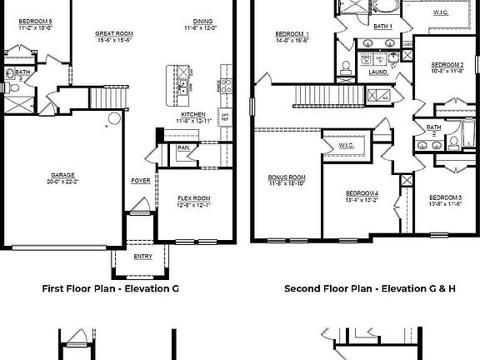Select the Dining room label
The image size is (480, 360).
pos(202,23)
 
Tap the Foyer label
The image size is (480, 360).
pos(140,181)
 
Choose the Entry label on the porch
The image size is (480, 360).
pos(142,257)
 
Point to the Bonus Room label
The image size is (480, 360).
pos(286,178)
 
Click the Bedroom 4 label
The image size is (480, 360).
pos(362,195)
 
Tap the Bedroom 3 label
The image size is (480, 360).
pos(445,198)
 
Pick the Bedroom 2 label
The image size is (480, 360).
pos(447,65)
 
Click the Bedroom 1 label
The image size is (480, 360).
pos(292,34)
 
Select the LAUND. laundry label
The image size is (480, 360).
pos(378,72)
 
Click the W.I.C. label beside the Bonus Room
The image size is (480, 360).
pos(347,146)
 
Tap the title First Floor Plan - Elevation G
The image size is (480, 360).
pos(110,289)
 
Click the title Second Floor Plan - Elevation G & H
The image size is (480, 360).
pos(370,289)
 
